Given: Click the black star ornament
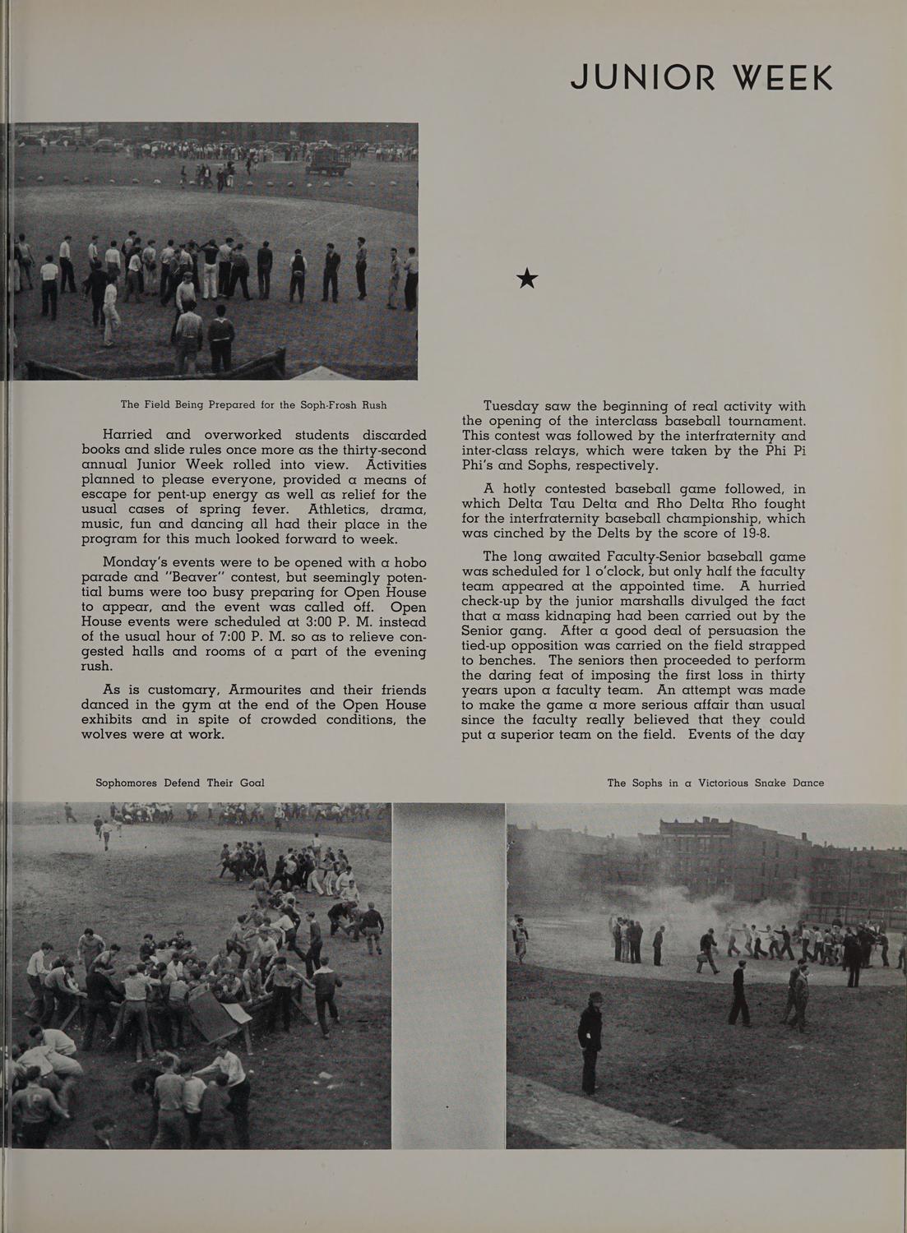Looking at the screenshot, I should pyautogui.click(x=527, y=279).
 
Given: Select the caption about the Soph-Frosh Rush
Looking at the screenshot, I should pyautogui.click(x=253, y=404).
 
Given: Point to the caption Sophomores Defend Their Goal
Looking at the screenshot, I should pyautogui.click(x=180, y=783).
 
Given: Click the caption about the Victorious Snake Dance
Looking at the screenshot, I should pyautogui.click(x=715, y=783).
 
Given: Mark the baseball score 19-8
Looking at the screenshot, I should pyautogui.click(x=753, y=533).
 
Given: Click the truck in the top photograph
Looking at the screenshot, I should pyautogui.click(x=328, y=162).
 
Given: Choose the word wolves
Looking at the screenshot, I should pyautogui.click(x=111, y=733).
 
